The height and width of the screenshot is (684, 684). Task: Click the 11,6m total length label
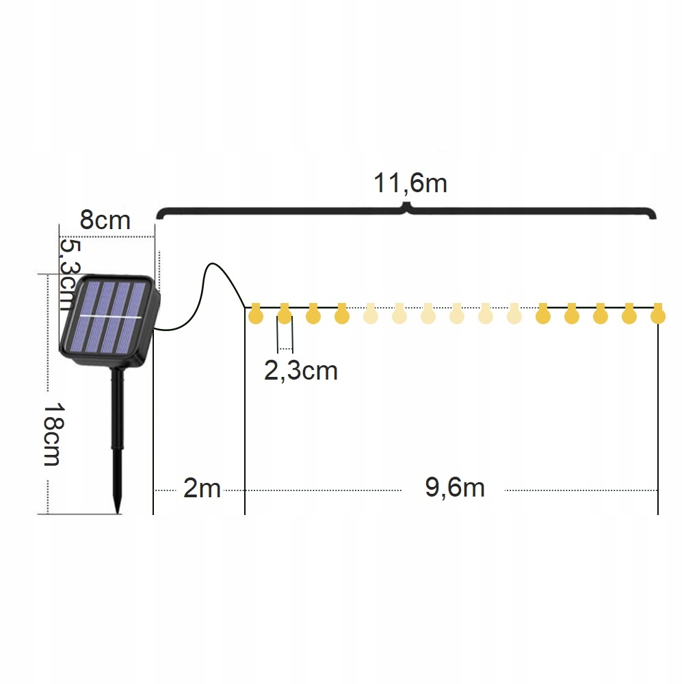[410, 183]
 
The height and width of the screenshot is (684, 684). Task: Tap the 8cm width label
[105, 220]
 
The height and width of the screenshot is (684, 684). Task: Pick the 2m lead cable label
[202, 488]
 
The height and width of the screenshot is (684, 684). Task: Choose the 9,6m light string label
[455, 488]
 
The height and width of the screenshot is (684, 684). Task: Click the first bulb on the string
[256, 315]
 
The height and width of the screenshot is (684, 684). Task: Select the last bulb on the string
[657, 315]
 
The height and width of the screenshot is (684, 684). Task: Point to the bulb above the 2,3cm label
[285, 315]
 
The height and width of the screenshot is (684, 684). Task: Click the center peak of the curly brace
[408, 205]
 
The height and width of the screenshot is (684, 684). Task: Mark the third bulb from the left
[313, 315]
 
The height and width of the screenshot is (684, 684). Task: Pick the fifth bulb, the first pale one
[370, 315]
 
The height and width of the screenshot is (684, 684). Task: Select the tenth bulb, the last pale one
[514, 315]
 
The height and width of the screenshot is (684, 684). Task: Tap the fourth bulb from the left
[342, 315]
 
